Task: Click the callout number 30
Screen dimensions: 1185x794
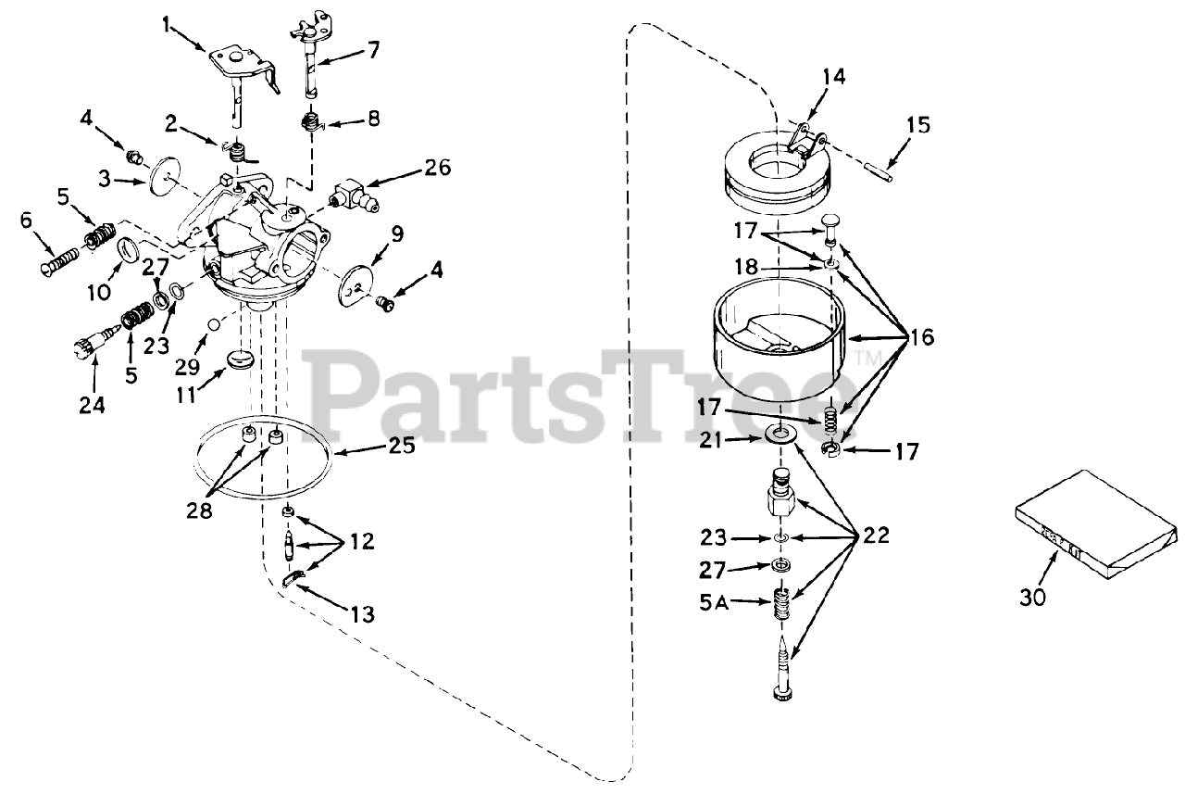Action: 1032,598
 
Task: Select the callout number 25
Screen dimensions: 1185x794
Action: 402,447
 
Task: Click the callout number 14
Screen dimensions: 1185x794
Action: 833,77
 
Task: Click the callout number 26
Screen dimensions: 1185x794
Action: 438,168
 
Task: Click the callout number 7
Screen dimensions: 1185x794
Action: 372,49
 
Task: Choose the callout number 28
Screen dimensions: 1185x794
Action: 199,510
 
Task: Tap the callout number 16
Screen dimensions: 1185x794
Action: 921,337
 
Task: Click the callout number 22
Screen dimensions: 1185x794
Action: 876,535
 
